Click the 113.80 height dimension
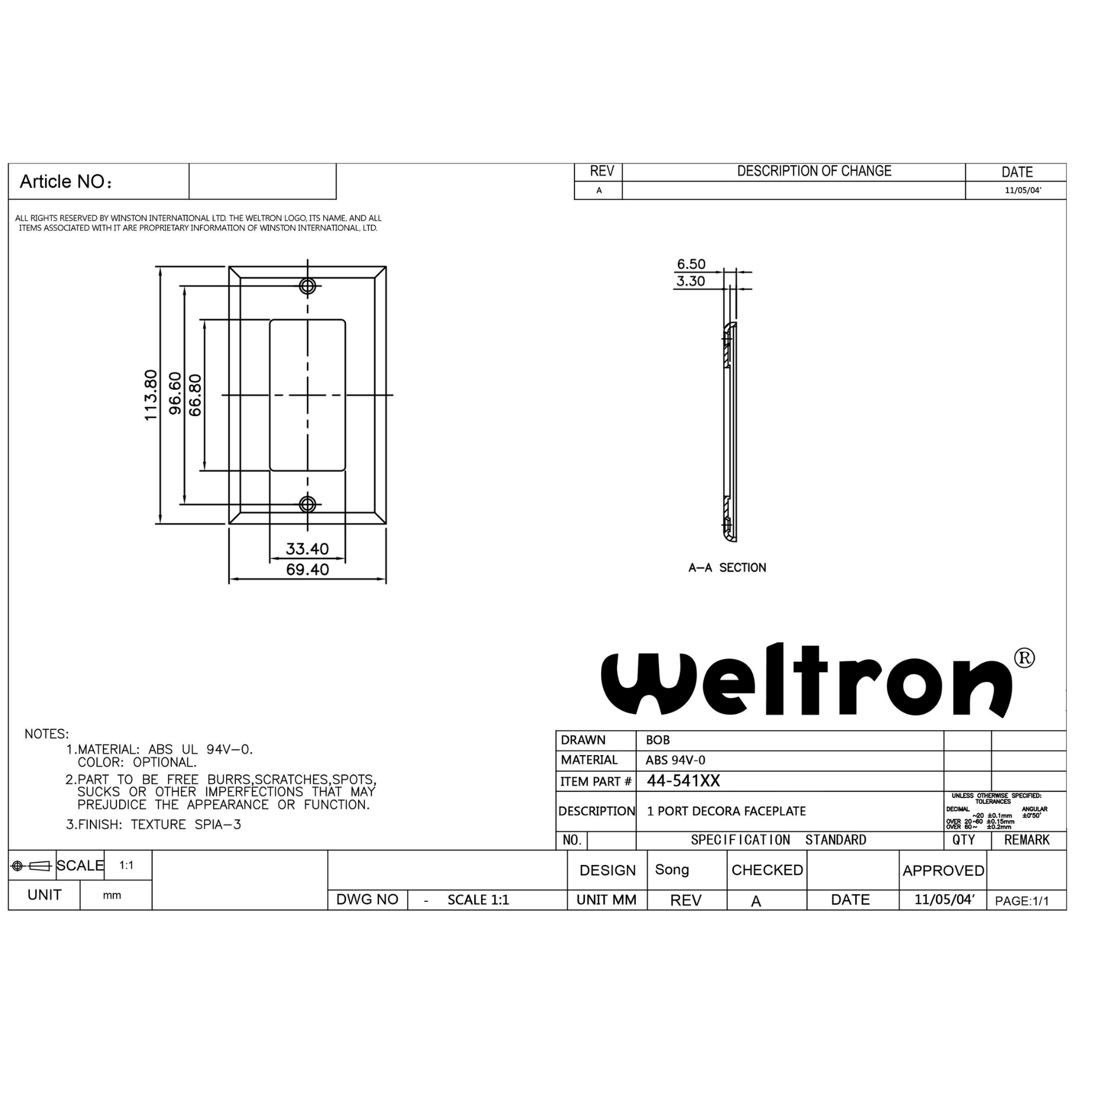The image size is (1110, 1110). coord(151,395)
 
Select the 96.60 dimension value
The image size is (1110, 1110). coord(175,393)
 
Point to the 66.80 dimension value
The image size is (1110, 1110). coord(195,395)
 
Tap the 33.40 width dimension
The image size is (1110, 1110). coord(307,548)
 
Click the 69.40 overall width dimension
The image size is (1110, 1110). coord(307,570)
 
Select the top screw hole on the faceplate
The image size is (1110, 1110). coord(307,286)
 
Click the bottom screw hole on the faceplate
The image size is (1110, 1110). coord(307,505)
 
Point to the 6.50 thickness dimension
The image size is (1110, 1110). coord(690,264)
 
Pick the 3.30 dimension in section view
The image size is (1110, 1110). coord(690,281)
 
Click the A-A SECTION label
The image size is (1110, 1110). coord(727,567)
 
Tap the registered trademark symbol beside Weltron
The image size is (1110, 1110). coord(1024,658)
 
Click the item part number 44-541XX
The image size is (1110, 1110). coord(683,780)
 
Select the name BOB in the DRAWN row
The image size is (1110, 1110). coord(657,740)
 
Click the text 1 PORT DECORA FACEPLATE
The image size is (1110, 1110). coord(726,811)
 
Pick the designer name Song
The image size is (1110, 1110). coord(672,869)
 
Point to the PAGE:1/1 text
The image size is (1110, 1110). coord(1022,901)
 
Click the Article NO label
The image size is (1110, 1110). coord(65,182)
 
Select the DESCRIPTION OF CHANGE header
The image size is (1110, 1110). coord(814,171)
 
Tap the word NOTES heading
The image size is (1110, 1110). coord(47,734)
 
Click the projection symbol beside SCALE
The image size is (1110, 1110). coord(31,866)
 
